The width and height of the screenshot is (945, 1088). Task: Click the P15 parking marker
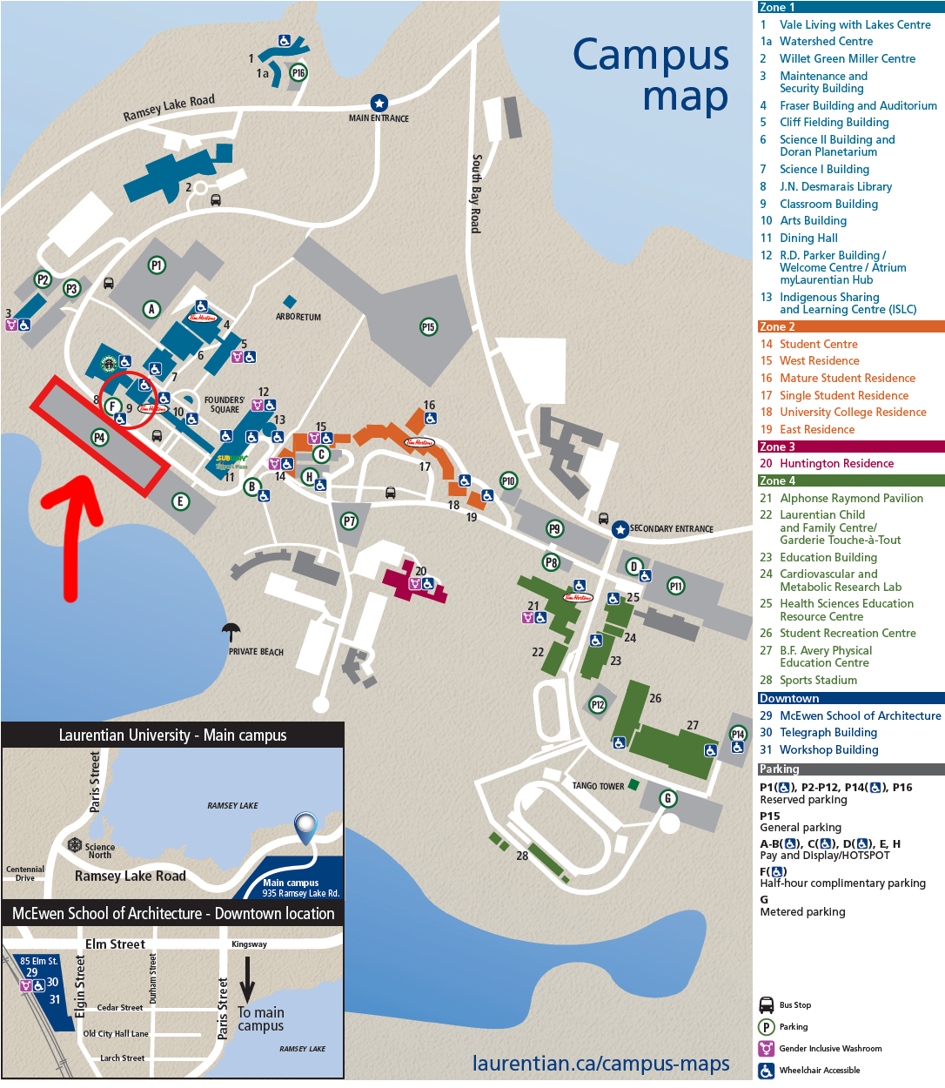coord(428,327)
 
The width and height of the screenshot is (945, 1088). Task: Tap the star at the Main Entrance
coord(379,103)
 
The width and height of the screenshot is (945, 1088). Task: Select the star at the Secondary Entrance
coord(620,529)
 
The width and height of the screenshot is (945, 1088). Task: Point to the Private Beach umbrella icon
coord(231,632)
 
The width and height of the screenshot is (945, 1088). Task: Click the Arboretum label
coord(298,317)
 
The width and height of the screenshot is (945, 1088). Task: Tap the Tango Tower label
coord(598,786)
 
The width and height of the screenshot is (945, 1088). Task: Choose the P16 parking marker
coord(298,73)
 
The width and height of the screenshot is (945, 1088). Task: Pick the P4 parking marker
coord(100,438)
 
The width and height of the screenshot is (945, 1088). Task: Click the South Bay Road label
coord(476,193)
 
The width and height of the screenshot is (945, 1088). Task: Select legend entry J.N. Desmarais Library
coord(835,186)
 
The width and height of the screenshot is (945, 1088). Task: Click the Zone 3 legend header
coord(777,447)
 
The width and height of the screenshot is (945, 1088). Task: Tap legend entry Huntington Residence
coord(836,463)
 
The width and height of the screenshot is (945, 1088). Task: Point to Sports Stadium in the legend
coord(818,680)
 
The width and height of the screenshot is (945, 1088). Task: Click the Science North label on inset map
coord(99,850)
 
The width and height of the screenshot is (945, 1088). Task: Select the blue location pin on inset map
coord(305,828)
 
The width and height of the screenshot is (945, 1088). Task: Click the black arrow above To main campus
coord(247,980)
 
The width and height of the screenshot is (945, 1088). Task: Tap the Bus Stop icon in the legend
coord(767,1004)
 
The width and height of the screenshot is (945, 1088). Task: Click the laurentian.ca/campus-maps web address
coord(600,1064)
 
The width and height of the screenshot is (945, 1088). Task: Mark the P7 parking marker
coord(349,521)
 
